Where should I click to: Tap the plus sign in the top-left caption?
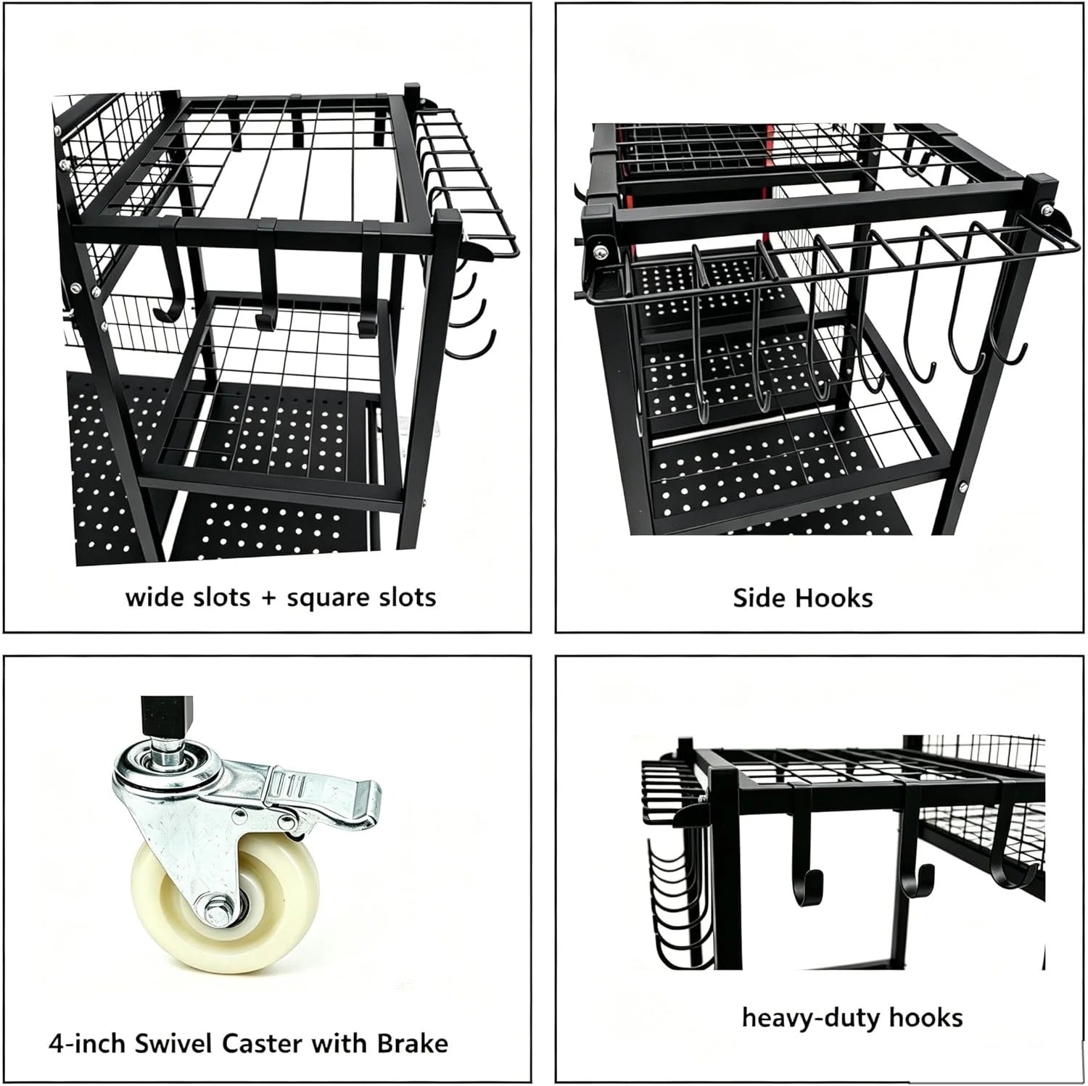(268, 599)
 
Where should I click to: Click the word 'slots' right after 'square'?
(405, 597)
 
